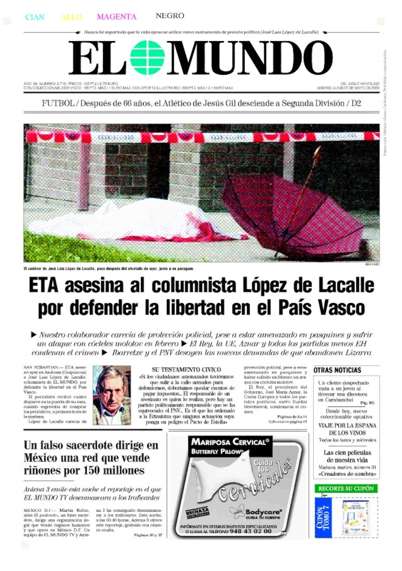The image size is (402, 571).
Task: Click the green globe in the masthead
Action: coord(147,58)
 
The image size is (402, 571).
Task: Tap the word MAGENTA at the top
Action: coord(117,17)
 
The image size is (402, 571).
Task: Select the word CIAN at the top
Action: coord(35,17)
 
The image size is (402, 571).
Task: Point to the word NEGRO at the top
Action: coord(170,16)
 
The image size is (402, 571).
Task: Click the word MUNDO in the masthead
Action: coord(250,58)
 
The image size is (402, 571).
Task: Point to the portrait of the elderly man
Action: coord(112,395)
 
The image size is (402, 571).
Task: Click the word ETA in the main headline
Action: coord(44,286)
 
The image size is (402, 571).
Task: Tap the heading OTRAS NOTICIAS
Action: coord(337,370)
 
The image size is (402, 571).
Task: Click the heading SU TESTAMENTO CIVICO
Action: coord(186,370)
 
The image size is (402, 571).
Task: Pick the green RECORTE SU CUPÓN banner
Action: coord(346,489)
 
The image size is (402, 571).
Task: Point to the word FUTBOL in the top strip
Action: coord(58,103)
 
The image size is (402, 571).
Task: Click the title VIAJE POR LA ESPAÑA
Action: coord(347,426)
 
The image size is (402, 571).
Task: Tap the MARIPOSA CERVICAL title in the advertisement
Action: coord(230,442)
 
